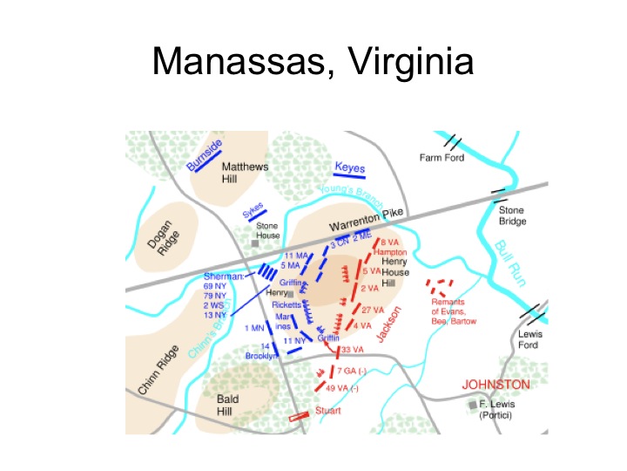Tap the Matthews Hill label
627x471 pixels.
tap(245, 173)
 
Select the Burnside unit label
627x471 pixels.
tap(205, 154)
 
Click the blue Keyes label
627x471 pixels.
tap(350, 167)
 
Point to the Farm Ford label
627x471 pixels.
tap(442, 158)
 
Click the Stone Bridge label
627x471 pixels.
tap(512, 215)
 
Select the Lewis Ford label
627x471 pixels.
tap(529, 339)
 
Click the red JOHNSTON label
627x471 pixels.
tap(495, 385)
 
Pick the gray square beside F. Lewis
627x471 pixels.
tap(473, 405)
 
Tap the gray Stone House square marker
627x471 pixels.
tap(255, 243)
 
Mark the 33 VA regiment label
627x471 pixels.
tap(351, 350)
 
